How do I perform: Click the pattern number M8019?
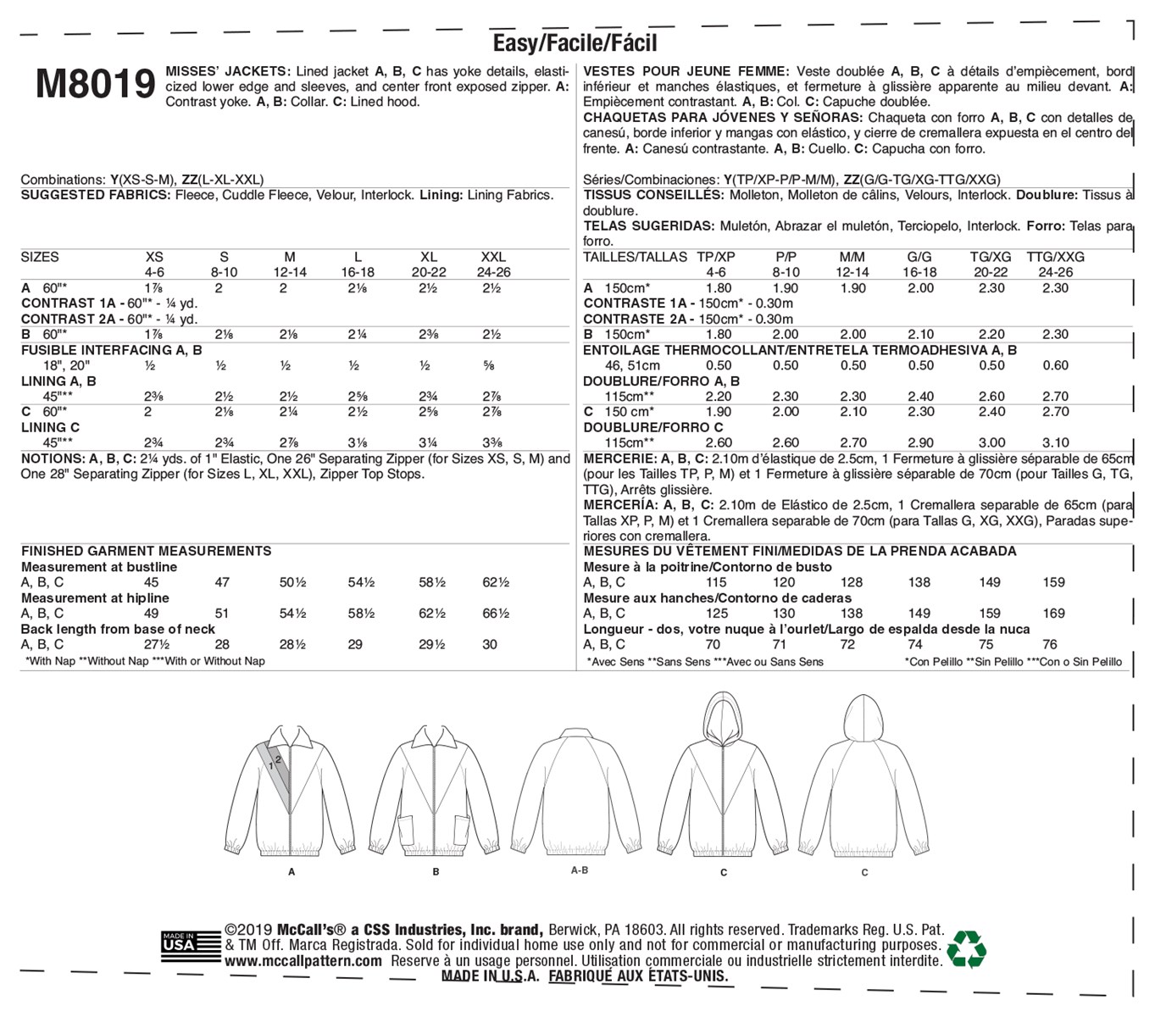96,85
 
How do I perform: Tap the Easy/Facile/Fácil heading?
575,42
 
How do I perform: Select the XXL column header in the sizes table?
493,257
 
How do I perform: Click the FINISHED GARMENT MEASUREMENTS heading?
146,551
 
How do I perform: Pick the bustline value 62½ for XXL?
496,582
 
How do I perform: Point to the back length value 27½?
153,644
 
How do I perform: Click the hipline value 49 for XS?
152,614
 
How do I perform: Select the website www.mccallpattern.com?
303,961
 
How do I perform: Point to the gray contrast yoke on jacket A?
275,767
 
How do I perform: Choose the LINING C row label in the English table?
51,427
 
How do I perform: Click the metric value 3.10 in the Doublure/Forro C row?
1054,442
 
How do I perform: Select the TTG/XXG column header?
1055,257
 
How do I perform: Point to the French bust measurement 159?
1054,582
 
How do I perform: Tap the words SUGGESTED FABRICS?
96,195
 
